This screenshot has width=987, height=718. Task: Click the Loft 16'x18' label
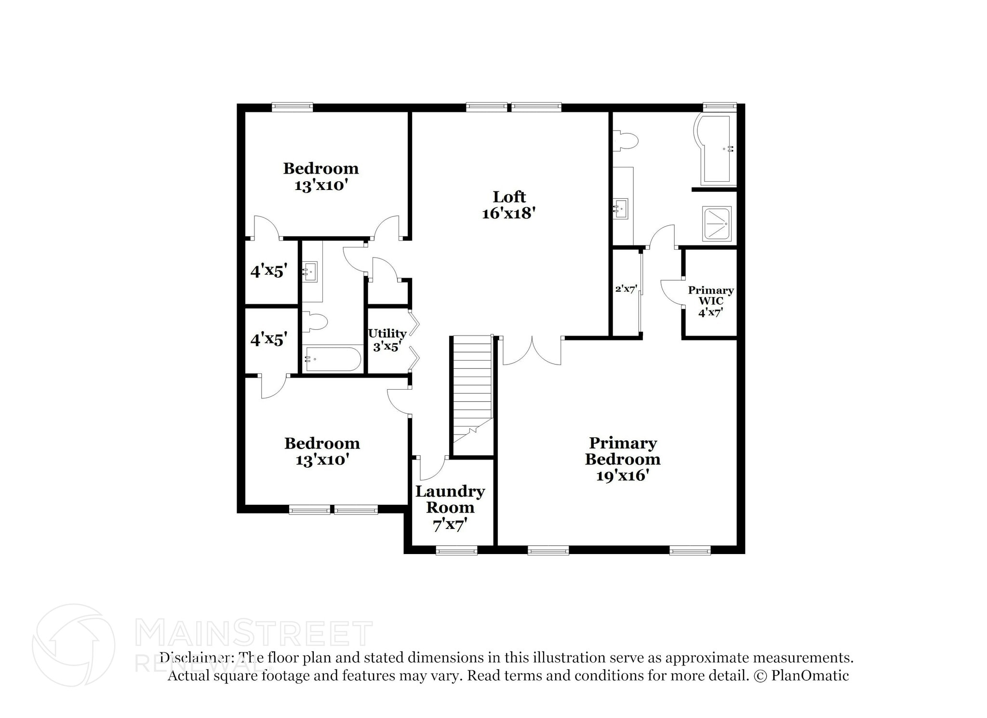509,205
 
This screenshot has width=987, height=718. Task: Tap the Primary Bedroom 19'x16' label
622,459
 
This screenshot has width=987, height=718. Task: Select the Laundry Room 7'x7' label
450,508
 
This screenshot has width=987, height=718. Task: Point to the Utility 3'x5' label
387,339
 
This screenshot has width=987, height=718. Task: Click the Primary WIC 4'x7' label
710,301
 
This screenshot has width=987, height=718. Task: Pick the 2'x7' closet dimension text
626,289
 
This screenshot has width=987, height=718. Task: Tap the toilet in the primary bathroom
626,141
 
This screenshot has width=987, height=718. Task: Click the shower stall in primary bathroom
717,224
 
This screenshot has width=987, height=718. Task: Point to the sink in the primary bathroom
621,209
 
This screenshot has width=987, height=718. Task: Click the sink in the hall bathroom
310,272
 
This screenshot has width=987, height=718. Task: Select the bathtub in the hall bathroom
333,359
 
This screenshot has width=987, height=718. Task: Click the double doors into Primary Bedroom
532,351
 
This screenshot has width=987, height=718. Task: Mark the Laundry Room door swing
431,467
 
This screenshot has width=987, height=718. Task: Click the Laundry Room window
456,550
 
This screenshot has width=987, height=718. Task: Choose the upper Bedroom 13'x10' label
321,176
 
